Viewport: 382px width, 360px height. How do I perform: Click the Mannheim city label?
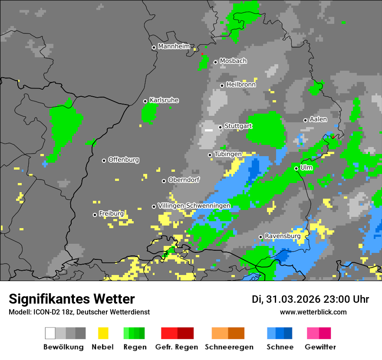tap(174, 46)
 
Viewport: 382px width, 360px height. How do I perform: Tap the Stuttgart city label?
tap(238, 126)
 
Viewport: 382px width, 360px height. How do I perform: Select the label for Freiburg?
tap(111, 214)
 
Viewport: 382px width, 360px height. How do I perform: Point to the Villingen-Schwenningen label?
tap(194, 206)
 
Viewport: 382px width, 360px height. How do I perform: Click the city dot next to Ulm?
tap(296, 168)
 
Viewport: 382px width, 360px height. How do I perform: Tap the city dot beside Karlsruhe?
tap(145, 101)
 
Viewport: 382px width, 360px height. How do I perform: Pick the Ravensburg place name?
tap(283, 236)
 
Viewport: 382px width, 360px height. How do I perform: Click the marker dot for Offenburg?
tap(104, 160)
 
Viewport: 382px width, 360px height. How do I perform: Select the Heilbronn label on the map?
tap(241, 85)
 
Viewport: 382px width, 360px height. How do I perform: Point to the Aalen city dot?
tap(305, 120)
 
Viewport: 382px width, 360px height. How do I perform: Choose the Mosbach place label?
tap(233, 61)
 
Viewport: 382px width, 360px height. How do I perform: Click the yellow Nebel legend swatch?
tap(103, 333)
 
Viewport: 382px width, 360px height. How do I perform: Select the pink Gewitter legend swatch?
tap(313, 333)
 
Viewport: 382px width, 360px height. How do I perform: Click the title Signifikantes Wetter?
tap(72, 299)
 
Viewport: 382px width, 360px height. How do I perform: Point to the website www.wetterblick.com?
tap(313, 312)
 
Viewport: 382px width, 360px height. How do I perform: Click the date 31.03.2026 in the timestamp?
tap(292, 299)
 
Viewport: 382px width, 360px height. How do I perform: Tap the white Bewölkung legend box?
tap(50, 333)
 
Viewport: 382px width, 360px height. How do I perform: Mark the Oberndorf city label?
tap(184, 180)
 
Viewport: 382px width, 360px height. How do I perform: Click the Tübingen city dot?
tap(210, 155)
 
